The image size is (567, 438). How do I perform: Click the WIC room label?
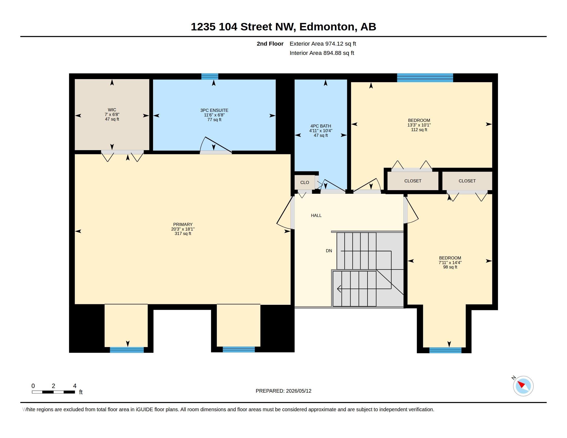(112, 110)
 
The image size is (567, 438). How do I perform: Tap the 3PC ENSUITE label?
(214, 110)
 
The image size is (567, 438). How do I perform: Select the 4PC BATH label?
(321, 126)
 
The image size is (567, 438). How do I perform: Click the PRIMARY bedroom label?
(183, 224)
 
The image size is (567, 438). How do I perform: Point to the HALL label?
(316, 215)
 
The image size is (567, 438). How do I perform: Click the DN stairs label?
(329, 251)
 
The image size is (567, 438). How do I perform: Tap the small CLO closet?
(305, 182)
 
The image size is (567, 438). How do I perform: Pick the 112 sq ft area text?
(419, 130)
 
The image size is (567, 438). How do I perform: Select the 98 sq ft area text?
(450, 267)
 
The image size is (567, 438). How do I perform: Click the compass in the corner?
(523, 386)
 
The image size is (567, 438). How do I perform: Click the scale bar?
(54, 392)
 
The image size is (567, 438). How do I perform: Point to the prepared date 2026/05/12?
(298, 391)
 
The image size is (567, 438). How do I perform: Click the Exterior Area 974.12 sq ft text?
(323, 44)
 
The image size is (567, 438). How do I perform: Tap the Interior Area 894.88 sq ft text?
(322, 53)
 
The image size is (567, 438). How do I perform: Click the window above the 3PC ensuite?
(210, 77)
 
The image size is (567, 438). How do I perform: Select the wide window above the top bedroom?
(425, 78)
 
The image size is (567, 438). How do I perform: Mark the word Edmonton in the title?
(327, 27)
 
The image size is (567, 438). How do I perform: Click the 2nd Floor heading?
(270, 44)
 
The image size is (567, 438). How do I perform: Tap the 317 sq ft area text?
(183, 233)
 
